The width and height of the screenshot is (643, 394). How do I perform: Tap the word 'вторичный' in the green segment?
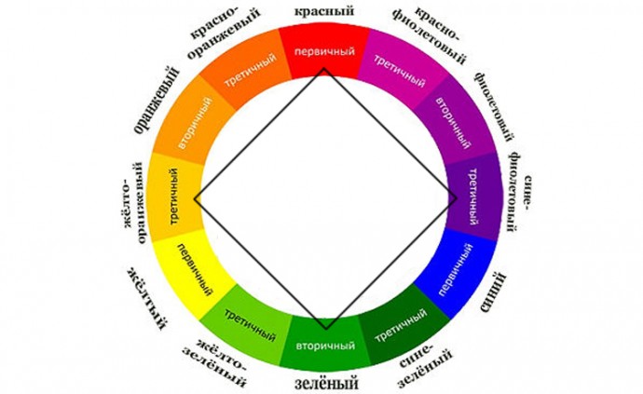click(324, 346)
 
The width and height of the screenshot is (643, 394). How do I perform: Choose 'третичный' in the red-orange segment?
click(249, 73)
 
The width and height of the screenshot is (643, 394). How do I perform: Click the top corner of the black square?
click(324, 68)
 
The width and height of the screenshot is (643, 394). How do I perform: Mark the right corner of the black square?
click(456, 197)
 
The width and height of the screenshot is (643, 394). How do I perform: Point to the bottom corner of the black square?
click(325, 329)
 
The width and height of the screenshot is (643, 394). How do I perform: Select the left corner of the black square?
click(194, 198)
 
